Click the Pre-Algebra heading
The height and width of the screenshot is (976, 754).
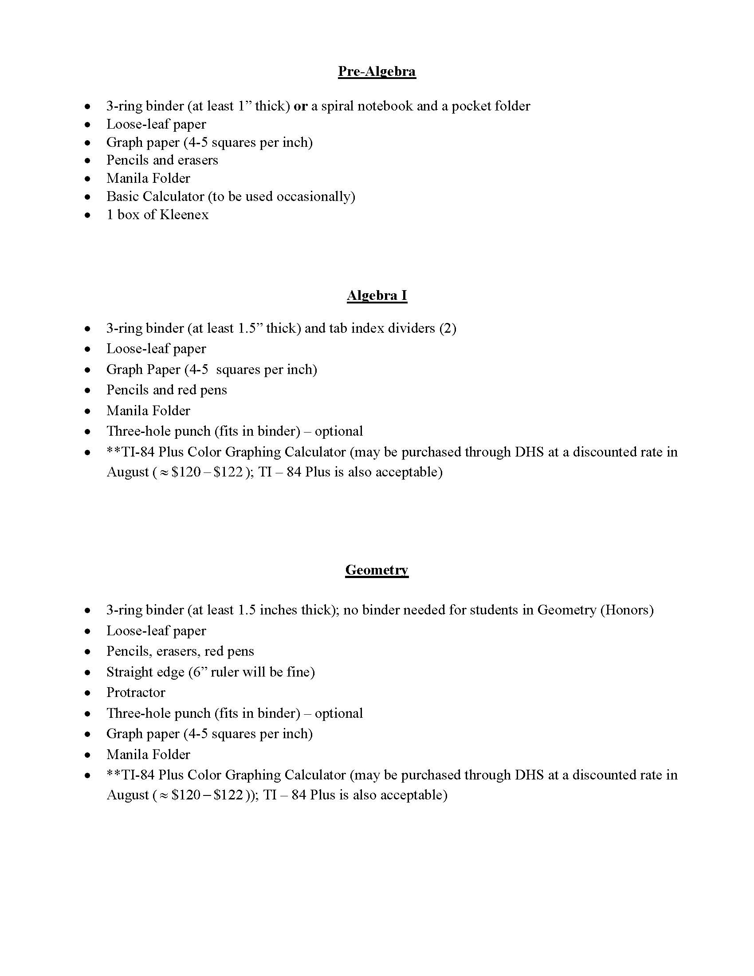coord(377,71)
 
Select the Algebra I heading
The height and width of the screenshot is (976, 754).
coord(377,295)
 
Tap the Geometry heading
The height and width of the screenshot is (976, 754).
coord(377,570)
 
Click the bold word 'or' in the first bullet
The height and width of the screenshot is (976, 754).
coord(300,106)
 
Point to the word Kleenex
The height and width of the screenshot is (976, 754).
coord(184,215)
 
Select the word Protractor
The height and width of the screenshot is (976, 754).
coord(136,693)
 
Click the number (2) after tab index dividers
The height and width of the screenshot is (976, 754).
coord(448,329)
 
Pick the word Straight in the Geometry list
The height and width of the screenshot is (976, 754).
coord(129,672)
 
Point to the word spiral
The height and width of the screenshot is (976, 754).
coord(337,106)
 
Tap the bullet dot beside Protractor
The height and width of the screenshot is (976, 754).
coord(88,693)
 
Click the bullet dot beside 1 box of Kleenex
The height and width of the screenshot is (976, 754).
coord(88,216)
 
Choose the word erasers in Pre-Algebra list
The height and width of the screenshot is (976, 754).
coord(198,161)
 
